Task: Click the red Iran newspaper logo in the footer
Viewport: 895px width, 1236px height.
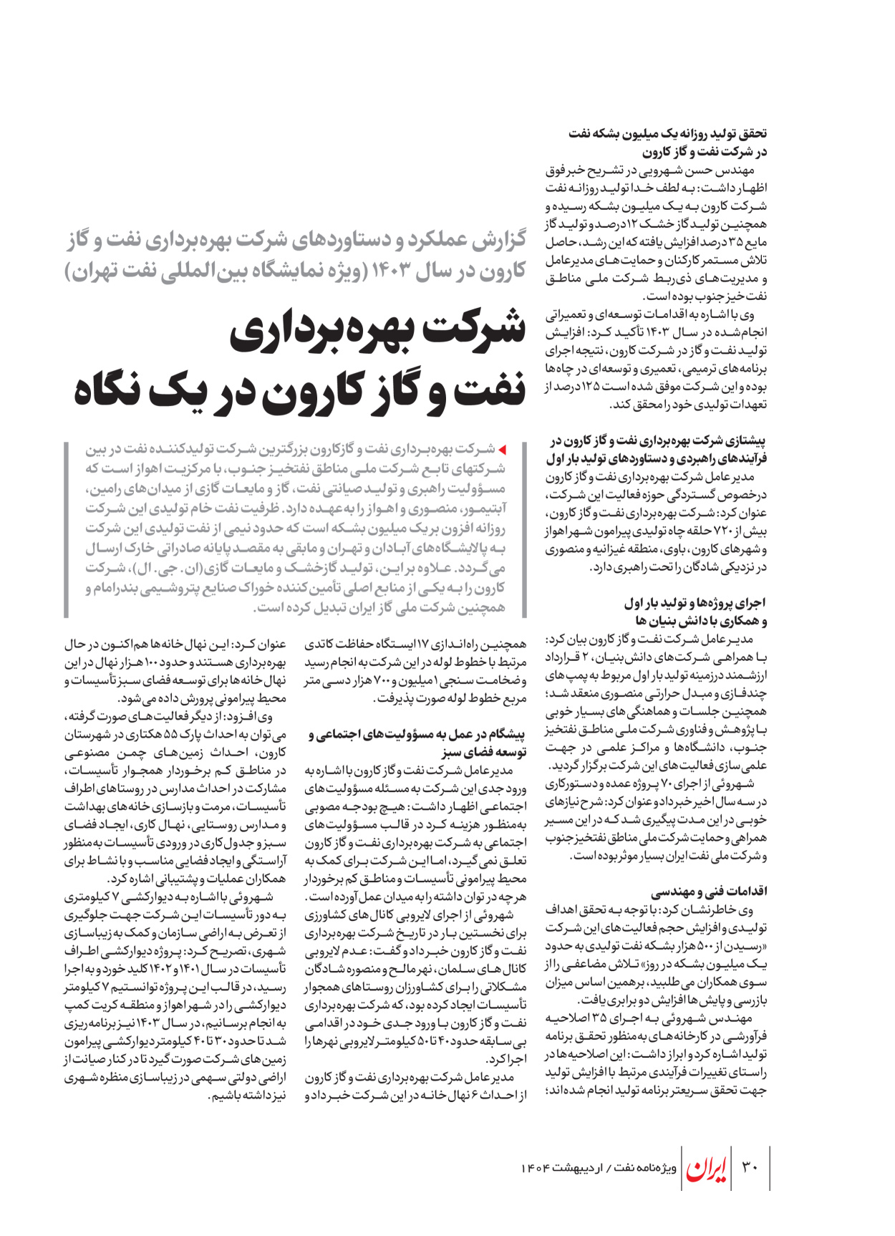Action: (x=707, y=1168)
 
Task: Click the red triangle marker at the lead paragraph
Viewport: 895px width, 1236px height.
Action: (x=503, y=450)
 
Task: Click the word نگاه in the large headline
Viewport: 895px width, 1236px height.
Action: (x=117, y=390)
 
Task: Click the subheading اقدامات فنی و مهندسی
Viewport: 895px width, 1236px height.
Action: (x=709, y=892)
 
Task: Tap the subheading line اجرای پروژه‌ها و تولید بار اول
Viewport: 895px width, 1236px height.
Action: (x=695, y=602)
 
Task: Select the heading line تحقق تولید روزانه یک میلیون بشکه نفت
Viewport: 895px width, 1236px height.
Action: (x=667, y=133)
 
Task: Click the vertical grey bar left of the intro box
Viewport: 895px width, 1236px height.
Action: (x=66, y=528)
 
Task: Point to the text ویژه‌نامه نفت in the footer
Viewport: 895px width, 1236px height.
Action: (x=645, y=1168)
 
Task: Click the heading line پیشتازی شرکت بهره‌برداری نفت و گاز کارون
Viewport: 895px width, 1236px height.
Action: (x=659, y=440)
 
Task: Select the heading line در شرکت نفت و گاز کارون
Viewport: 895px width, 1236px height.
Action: (x=705, y=152)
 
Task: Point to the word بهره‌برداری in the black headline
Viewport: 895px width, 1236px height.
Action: (x=320, y=331)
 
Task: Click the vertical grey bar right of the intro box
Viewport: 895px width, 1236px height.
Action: (x=525, y=528)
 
